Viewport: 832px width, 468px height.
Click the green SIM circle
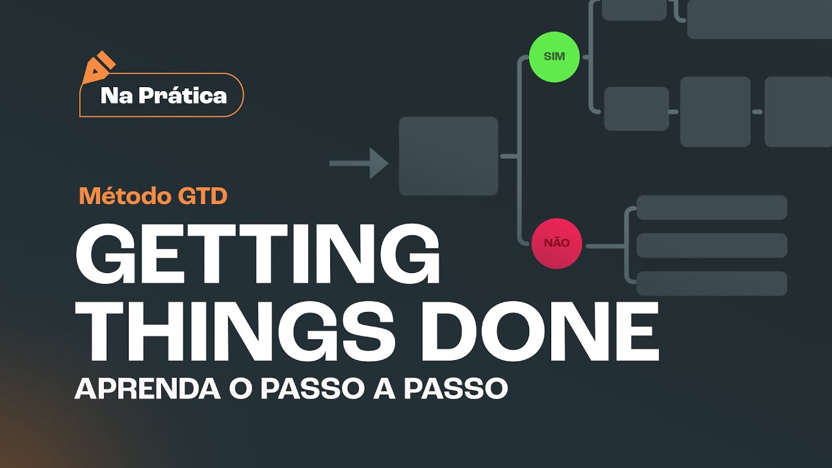[554, 57]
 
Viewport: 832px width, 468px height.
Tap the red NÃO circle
[556, 243]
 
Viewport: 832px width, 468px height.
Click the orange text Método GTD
[153, 196]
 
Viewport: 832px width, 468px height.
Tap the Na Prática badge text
[164, 96]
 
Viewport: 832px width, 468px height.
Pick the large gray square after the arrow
[448, 156]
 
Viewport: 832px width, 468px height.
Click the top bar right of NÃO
[712, 208]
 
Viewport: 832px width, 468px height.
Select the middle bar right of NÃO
[712, 246]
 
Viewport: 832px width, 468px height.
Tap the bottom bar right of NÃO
[712, 283]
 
